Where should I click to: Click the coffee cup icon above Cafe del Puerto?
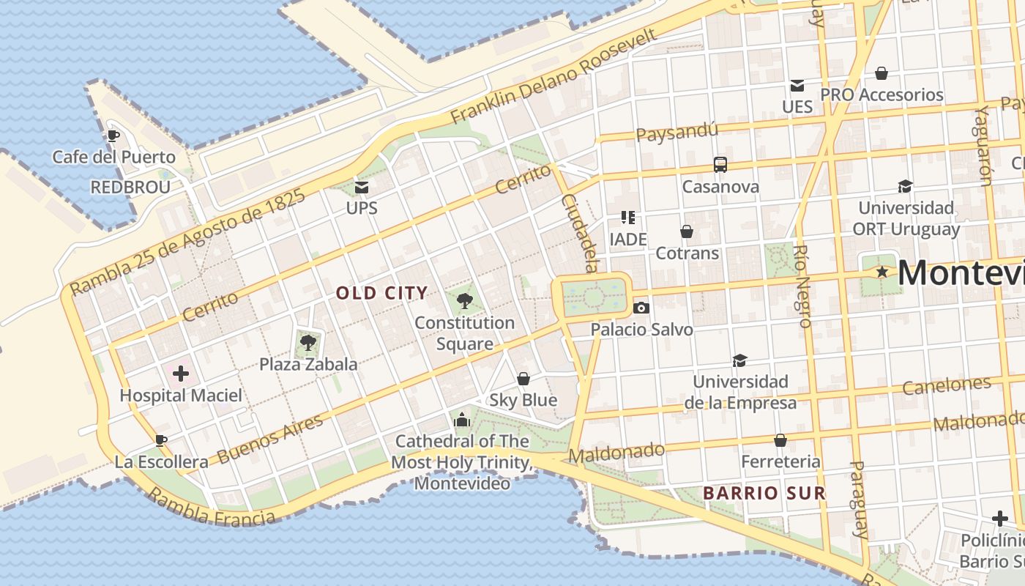[113, 136]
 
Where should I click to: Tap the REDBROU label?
[130, 188]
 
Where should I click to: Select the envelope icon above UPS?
[362, 188]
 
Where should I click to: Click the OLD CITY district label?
[381, 294]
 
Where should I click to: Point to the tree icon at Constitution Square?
[464, 300]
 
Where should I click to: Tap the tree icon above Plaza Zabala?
[308, 341]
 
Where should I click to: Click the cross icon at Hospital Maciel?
[181, 374]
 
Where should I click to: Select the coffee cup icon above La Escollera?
[161, 440]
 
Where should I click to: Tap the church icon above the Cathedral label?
[461, 420]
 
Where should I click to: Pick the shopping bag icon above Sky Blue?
[523, 379]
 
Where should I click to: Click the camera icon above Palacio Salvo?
[641, 308]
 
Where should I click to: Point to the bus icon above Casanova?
[720, 165]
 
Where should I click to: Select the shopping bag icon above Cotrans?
[687, 231]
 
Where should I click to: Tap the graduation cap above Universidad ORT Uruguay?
[906, 186]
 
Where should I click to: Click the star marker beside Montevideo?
[883, 272]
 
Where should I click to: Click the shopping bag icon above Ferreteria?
[780, 440]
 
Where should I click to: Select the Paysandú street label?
[676, 133]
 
